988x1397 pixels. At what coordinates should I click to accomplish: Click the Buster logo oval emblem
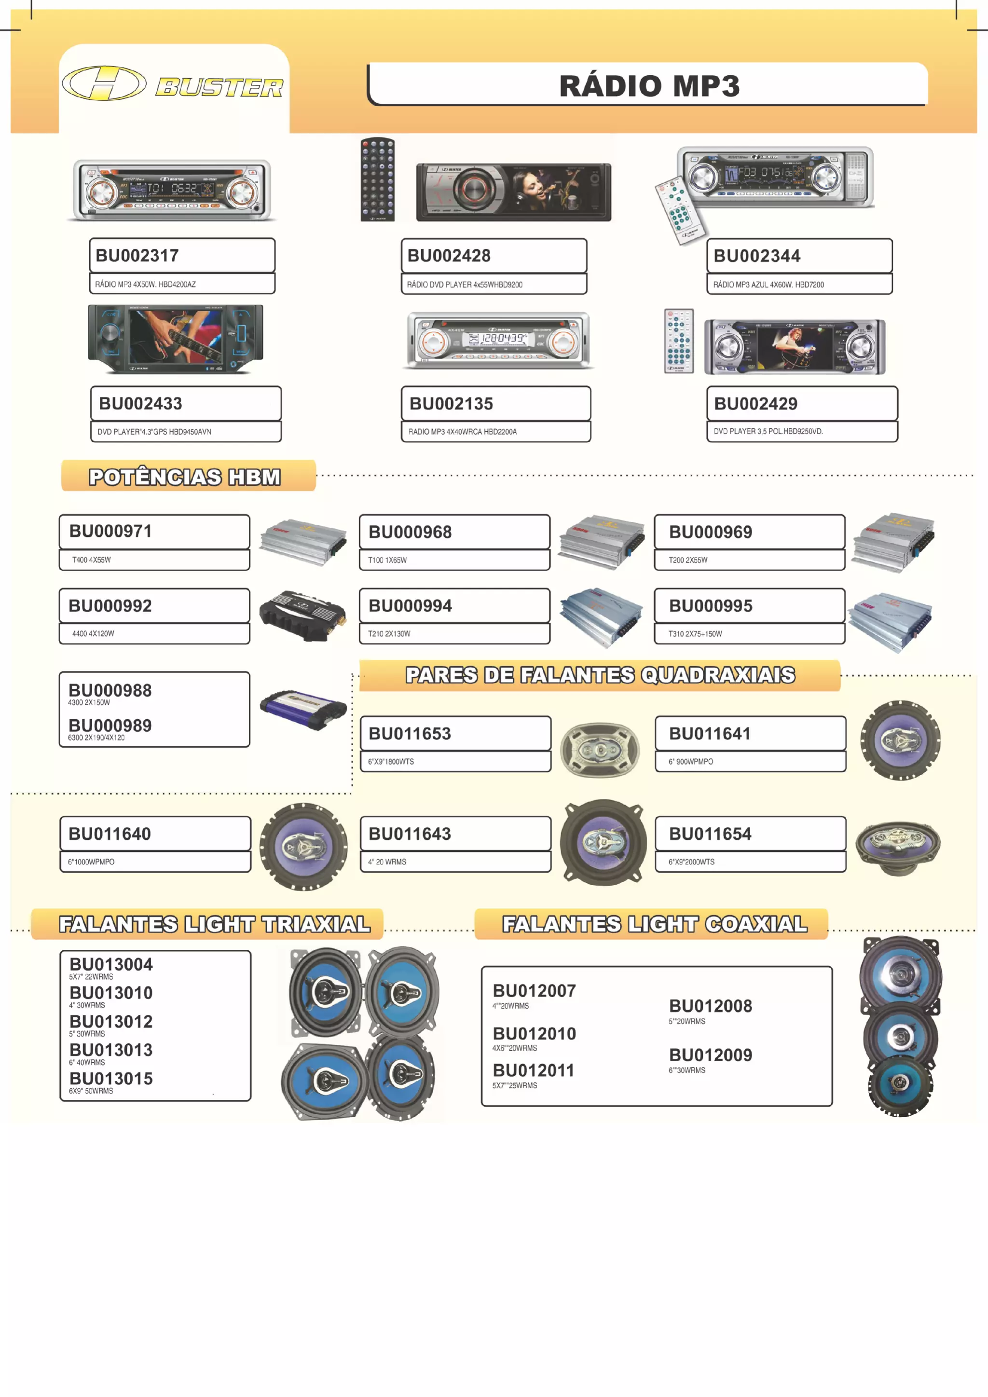tap(104, 83)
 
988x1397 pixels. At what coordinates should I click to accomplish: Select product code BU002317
tap(137, 256)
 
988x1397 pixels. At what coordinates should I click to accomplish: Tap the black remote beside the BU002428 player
tap(378, 179)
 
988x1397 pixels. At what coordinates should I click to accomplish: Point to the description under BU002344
tap(768, 285)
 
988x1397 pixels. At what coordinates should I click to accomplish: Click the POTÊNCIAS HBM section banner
tap(186, 477)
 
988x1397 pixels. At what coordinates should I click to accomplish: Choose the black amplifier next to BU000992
tap(302, 616)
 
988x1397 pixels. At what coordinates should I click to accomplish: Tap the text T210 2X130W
tap(389, 634)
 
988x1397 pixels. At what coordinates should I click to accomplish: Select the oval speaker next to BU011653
tap(599, 749)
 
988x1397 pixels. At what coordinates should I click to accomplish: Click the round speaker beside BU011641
tap(900, 740)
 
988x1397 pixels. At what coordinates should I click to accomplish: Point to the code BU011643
tap(410, 834)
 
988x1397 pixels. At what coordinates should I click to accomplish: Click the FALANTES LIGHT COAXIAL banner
tap(655, 924)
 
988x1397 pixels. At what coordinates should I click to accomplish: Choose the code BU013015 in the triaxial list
tap(111, 1079)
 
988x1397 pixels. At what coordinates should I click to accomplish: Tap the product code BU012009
tap(711, 1055)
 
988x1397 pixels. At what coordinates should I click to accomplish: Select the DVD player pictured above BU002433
tap(176, 340)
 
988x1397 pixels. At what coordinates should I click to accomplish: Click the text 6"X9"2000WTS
tap(692, 862)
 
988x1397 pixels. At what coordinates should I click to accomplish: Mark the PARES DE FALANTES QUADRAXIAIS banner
tap(600, 675)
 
